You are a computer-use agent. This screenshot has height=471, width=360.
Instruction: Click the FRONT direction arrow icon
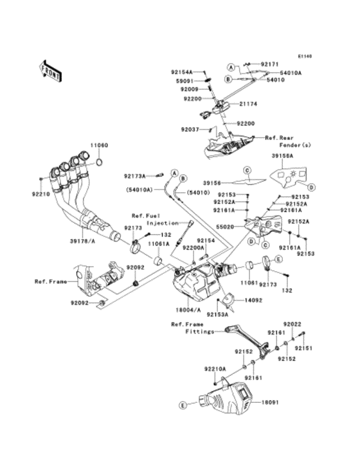[x=50, y=69]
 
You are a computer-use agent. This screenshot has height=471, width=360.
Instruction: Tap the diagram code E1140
[x=304, y=57]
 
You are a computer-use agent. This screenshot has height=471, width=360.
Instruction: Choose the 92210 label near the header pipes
[x=39, y=192]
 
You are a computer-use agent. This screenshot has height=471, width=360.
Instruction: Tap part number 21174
[x=251, y=103]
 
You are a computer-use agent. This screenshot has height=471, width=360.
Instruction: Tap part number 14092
[x=252, y=300]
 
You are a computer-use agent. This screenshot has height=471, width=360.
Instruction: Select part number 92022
[x=292, y=326]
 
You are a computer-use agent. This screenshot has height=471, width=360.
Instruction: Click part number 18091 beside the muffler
[x=270, y=403]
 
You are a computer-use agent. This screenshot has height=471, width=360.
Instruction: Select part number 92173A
[x=136, y=174]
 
